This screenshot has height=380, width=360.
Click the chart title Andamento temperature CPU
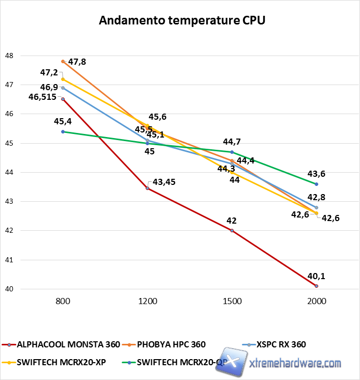(182, 20)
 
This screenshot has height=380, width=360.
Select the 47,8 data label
(77, 62)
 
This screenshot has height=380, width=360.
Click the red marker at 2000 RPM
(317, 286)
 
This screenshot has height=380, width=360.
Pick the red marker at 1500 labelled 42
(232, 231)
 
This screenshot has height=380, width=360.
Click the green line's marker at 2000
(317, 184)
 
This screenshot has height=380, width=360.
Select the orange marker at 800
(63, 61)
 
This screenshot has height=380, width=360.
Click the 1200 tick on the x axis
(148, 301)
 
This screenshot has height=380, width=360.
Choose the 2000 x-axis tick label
(317, 301)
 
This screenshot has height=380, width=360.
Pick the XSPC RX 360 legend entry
(281, 345)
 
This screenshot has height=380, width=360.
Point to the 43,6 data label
(316, 174)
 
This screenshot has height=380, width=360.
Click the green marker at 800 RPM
(63, 131)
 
